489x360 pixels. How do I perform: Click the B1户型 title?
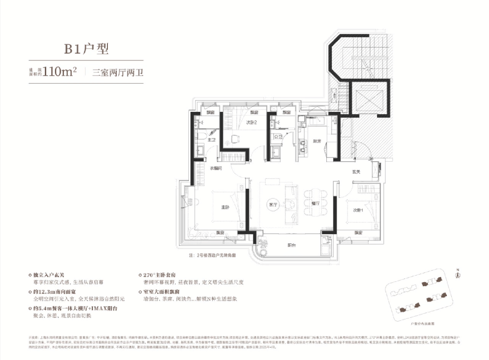pyautogui.click(x=86, y=48)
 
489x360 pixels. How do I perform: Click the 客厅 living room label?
pyautogui.click(x=272, y=205)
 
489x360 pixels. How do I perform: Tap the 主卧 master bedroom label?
pyautogui.click(x=225, y=207)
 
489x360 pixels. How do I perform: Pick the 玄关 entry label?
pyautogui.click(x=357, y=172)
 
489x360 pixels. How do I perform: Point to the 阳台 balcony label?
pyautogui.click(x=292, y=245)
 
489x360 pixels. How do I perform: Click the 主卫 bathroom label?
pyautogui.click(x=211, y=140)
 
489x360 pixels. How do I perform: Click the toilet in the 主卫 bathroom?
pyautogui.click(x=202, y=136)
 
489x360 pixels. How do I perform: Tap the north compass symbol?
pyautogui.click(x=458, y=273)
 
